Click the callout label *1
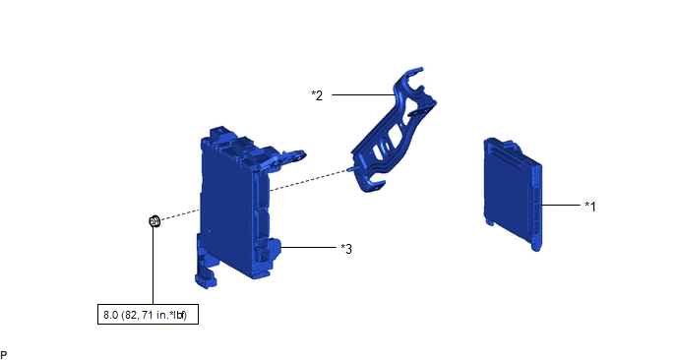point(590,207)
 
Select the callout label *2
point(317,95)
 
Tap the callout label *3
point(346,249)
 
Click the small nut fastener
point(154,221)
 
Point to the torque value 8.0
point(110,315)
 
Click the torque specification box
point(148,314)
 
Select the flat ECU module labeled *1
point(514,194)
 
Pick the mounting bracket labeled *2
point(393,130)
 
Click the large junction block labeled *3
point(242,208)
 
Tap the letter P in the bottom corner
point(4,355)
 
